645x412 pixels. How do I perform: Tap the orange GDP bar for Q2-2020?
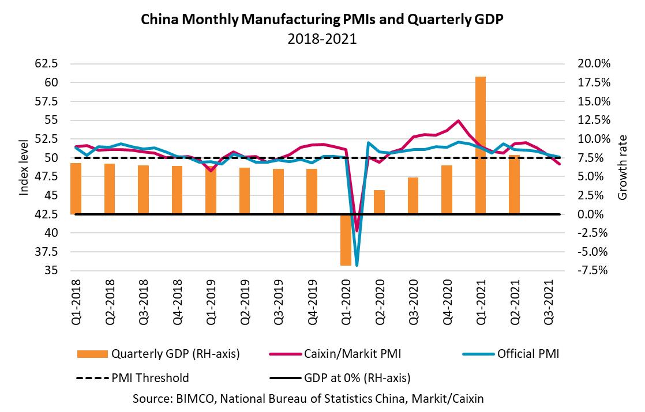pyautogui.click(x=379, y=202)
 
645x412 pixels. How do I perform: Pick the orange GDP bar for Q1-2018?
pyautogui.click(x=76, y=188)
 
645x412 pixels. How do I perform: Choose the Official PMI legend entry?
pyautogui.click(x=515, y=354)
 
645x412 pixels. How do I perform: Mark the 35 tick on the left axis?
pyautogui.click(x=52, y=271)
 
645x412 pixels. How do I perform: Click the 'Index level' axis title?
pyautogui.click(x=24, y=167)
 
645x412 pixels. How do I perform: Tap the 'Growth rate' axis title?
pyautogui.click(x=622, y=167)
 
